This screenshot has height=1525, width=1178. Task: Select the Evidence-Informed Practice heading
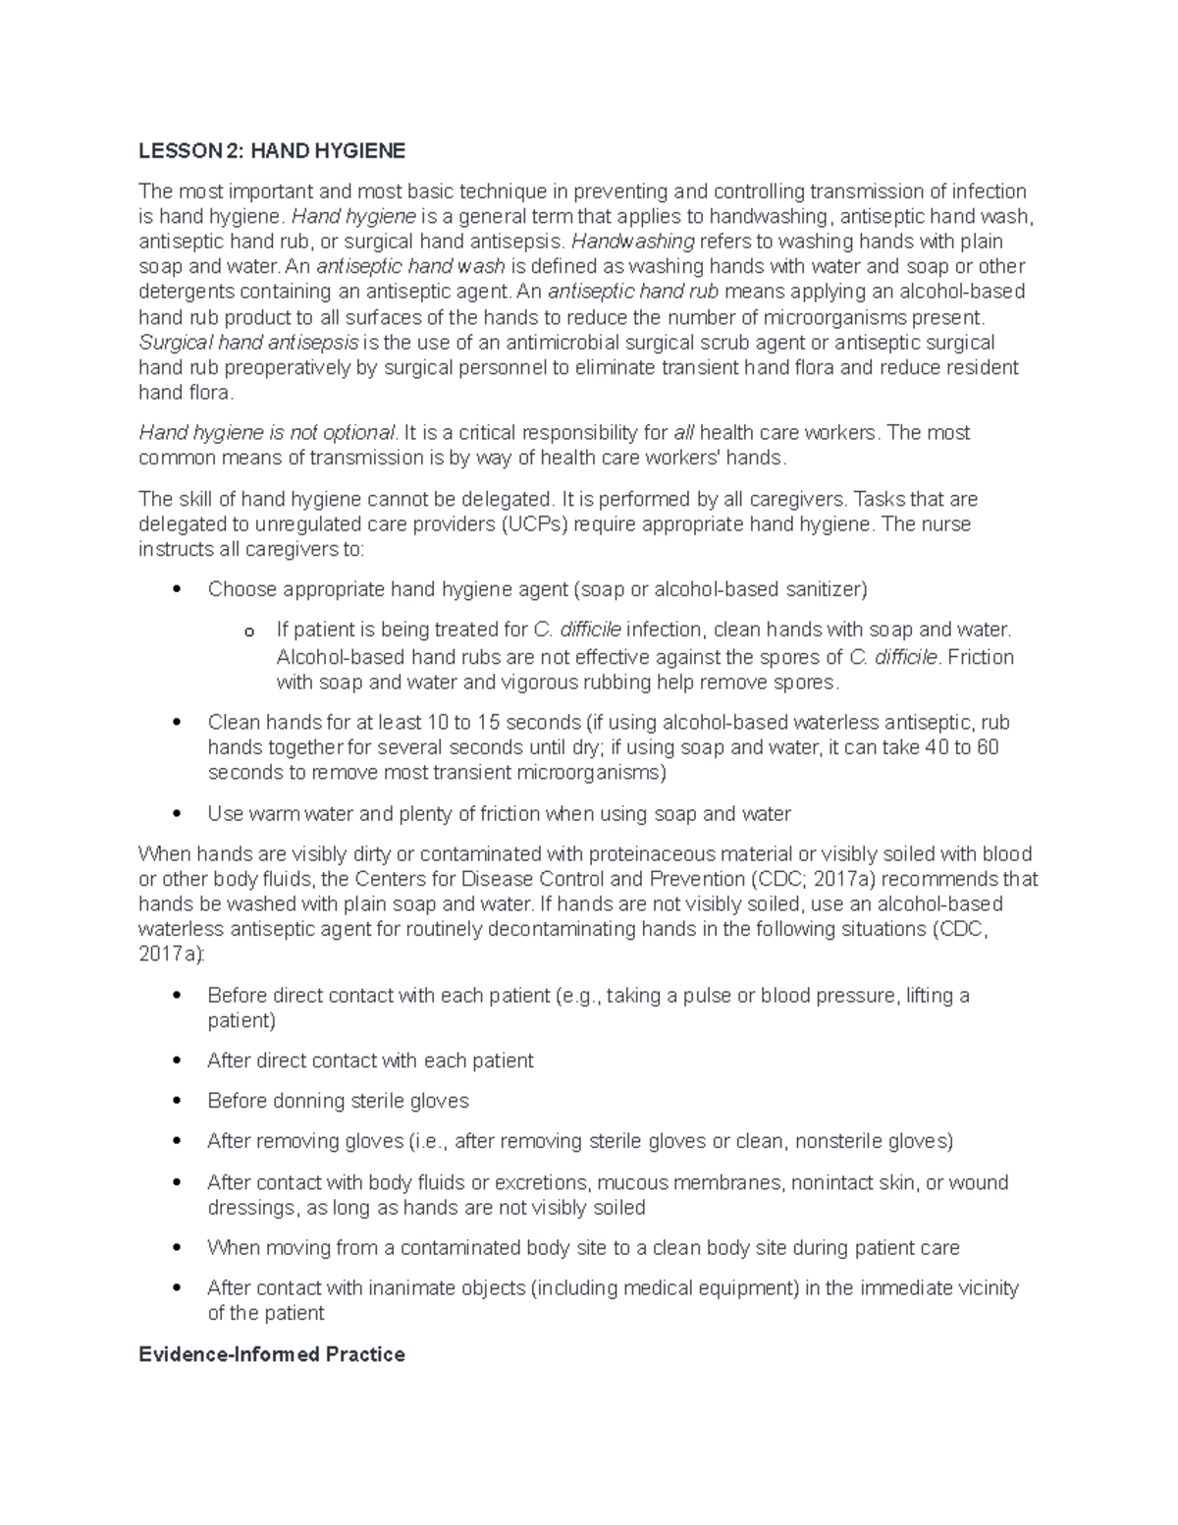pos(272,1354)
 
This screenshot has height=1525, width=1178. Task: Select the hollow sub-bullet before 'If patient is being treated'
pos(249,631)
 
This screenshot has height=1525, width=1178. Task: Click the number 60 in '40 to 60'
pos(988,747)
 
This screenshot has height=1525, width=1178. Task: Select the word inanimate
pos(393,1287)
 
